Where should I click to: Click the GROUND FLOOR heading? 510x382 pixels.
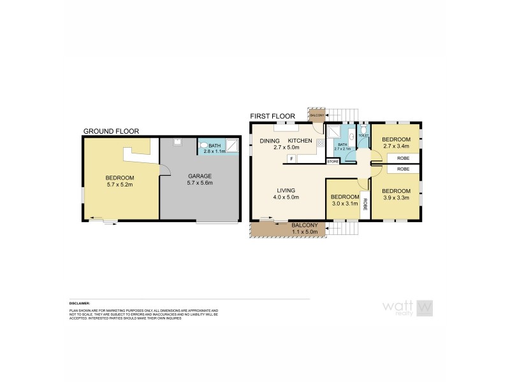pyautogui.click(x=111, y=132)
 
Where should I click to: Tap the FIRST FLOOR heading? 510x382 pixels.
pyautogui.click(x=272, y=116)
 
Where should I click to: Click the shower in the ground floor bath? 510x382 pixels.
pyautogui.click(x=233, y=146)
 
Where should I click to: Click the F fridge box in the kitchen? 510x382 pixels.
pyautogui.click(x=291, y=157)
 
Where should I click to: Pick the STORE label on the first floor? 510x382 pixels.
pyautogui.click(x=333, y=162)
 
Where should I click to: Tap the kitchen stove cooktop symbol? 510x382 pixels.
pyautogui.click(x=319, y=153)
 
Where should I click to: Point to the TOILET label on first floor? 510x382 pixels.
pyautogui.click(x=363, y=136)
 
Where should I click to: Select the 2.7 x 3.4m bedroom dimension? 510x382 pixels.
pyautogui.click(x=395, y=145)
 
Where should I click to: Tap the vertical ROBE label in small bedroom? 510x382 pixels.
pyautogui.click(x=365, y=204)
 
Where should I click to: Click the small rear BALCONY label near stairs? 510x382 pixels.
pyautogui.click(x=316, y=115)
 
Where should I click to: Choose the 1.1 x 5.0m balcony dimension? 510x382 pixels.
pyautogui.click(x=305, y=232)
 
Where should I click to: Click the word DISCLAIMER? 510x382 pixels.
pyautogui.click(x=80, y=303)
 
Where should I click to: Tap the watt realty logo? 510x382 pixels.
pyautogui.click(x=407, y=308)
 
